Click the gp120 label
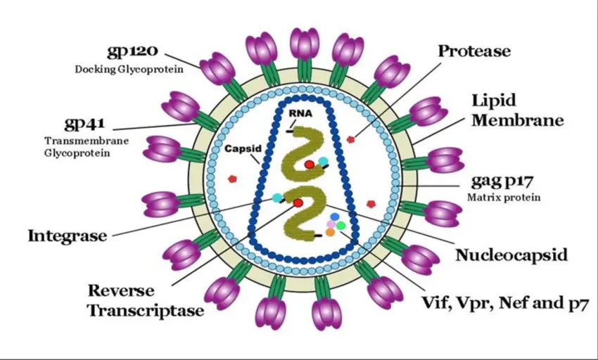[132, 51]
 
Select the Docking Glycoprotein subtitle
[129, 70]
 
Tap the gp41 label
[84, 124]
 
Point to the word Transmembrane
[87, 141]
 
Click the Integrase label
[67, 236]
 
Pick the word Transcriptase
[146, 309]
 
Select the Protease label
[474, 51]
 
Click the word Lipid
[494, 101]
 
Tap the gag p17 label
[502, 181]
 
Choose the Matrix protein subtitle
[504, 198]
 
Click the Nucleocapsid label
[511, 255]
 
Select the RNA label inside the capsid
[300, 113]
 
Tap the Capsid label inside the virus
[243, 149]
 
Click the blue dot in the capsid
[334, 217]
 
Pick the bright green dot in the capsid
[341, 226]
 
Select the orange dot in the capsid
[330, 231]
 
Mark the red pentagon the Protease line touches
[350, 140]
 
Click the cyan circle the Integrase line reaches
[277, 198]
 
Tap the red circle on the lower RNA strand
[298, 202]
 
